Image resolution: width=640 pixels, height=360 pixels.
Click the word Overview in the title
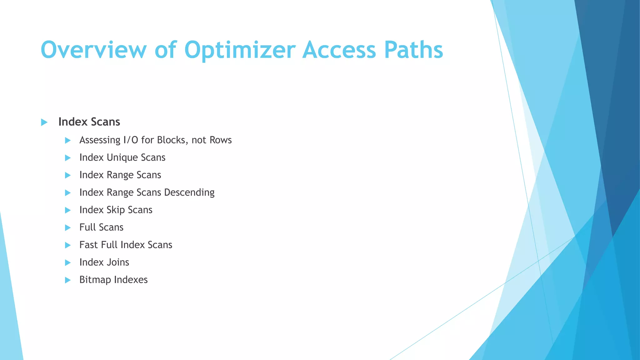coord(93,50)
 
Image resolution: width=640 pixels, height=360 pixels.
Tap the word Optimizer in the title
coord(240,50)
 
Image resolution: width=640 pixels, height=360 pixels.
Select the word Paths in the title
coord(413,50)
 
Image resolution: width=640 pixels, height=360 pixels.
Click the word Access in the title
coord(339,50)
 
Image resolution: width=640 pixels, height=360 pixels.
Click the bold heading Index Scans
coord(89,122)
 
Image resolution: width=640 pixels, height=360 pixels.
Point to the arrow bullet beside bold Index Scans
coord(44,122)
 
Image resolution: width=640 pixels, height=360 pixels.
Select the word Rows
coord(220,140)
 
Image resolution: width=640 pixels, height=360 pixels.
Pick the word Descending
coord(189,192)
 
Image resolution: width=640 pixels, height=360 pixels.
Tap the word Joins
coord(117,262)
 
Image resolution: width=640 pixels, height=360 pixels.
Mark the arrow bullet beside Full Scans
coord(68,228)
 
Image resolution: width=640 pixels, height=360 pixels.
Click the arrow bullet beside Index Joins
coord(68,263)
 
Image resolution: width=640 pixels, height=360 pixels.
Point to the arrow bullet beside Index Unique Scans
coord(68,158)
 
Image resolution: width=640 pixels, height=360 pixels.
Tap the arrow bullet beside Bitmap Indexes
coord(68,280)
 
